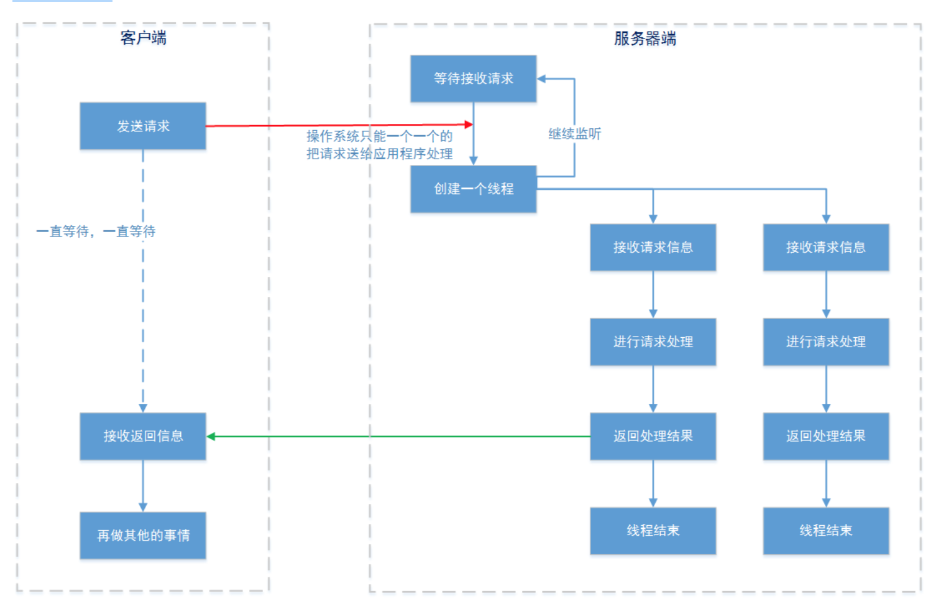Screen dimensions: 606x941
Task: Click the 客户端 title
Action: coord(143,38)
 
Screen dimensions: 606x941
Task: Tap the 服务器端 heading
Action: coord(645,39)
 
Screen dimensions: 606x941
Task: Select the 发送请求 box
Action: coord(143,126)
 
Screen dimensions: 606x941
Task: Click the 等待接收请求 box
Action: coord(473,78)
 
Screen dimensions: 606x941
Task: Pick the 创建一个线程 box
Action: coord(473,189)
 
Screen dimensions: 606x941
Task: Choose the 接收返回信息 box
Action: coord(143,436)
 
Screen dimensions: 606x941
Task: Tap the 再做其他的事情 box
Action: coord(143,535)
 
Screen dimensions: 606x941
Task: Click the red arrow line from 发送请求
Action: coord(336,125)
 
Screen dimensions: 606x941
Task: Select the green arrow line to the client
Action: coord(398,436)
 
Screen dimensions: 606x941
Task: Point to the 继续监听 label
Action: coord(574,134)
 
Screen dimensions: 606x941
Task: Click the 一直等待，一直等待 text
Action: coord(96,231)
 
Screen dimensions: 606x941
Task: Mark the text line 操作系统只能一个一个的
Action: coord(379,136)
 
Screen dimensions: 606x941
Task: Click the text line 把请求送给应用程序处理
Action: coord(379,154)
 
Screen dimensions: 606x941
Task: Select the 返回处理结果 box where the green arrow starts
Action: coord(653,436)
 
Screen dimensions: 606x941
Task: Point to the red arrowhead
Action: coord(469,124)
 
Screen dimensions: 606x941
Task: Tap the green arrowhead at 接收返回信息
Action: coord(211,436)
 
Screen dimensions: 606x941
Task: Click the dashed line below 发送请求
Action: coord(143,311)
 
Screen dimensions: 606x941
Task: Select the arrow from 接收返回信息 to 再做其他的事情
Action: coord(143,485)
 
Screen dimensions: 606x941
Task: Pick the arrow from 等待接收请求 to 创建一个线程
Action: coord(474,143)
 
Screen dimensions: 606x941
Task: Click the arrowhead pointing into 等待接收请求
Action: coord(541,79)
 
